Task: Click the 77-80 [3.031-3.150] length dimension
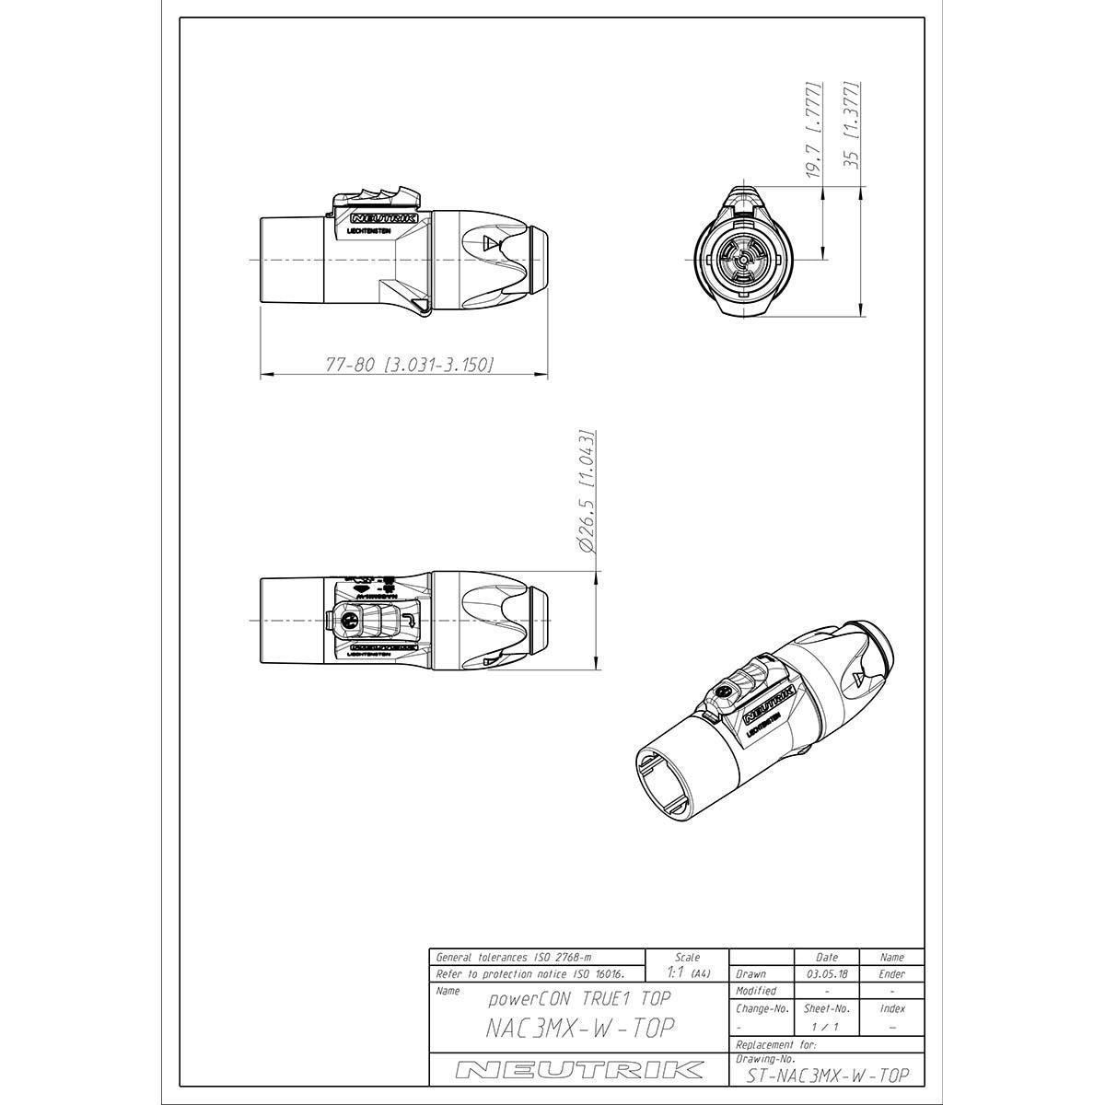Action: tap(410, 365)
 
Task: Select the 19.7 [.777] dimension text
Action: tap(813, 130)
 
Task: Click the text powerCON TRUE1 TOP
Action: tap(578, 998)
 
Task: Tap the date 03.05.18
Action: tap(827, 973)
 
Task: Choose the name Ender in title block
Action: tap(891, 973)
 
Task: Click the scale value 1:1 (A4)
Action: tap(687, 972)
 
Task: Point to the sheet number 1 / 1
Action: tap(826, 1025)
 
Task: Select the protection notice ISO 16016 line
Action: tap(529, 973)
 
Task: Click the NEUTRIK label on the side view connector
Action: tap(386, 219)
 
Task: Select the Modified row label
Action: tap(756, 991)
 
